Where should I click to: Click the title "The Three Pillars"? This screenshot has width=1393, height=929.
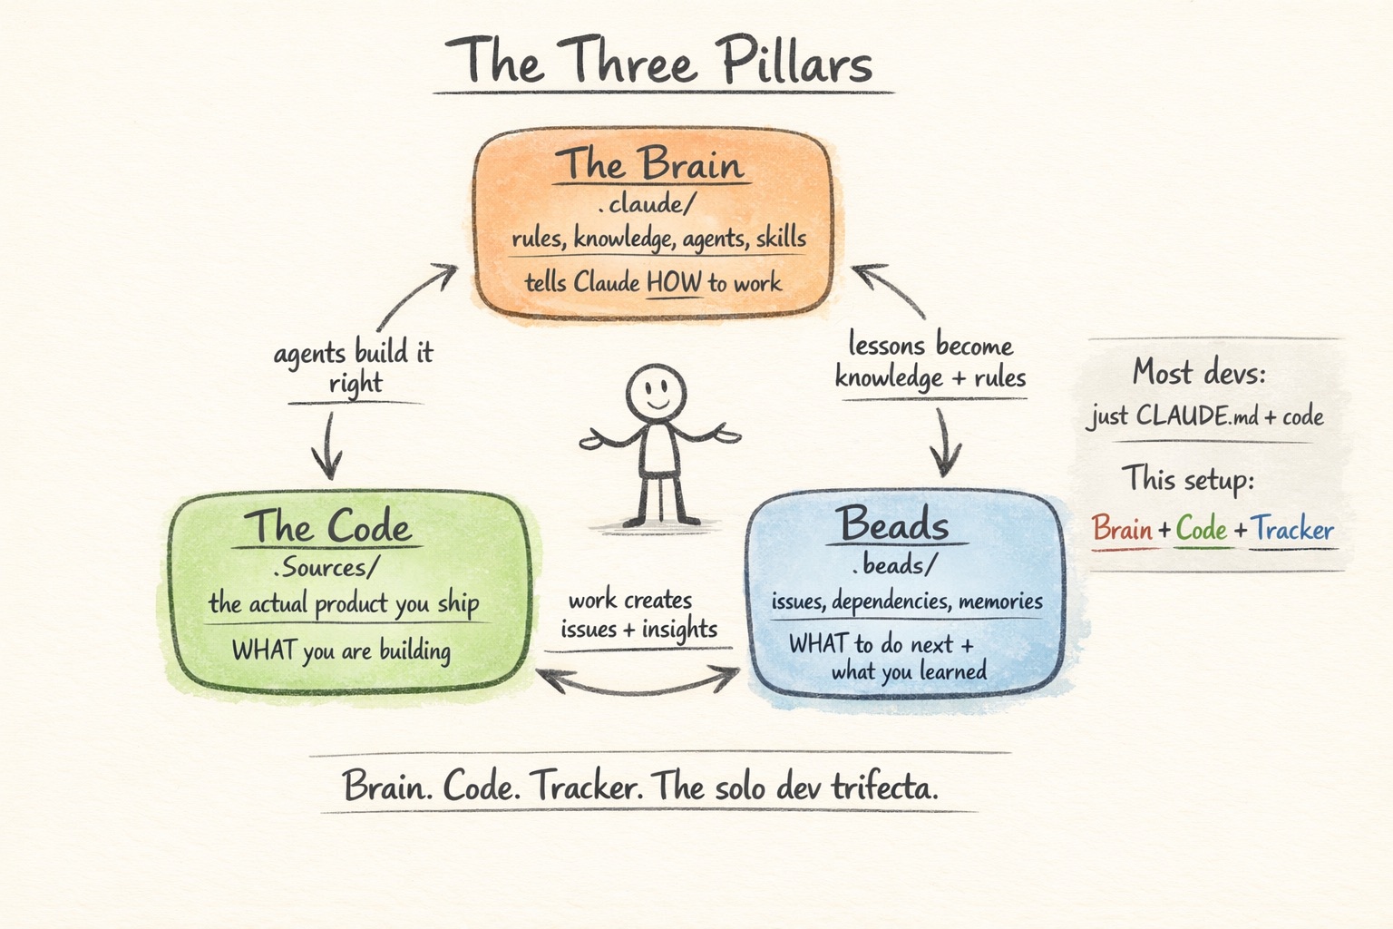point(659,62)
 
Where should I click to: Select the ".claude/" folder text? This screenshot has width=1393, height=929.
point(647,203)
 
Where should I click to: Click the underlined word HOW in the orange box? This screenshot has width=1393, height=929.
point(674,282)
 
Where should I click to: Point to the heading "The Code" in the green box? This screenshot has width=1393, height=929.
point(327,526)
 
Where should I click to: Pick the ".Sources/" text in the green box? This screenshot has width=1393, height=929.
point(326,568)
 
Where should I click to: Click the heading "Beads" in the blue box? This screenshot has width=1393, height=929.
point(893,524)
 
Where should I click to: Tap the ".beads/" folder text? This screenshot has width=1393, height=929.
point(893,565)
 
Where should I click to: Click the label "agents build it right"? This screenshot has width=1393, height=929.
point(355,367)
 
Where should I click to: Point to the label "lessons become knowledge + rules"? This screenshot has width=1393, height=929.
point(930,361)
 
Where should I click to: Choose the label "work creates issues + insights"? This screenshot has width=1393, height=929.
point(638,614)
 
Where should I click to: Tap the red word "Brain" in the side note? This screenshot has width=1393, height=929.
point(1122,528)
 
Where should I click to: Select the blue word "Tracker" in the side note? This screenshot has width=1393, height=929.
point(1292,529)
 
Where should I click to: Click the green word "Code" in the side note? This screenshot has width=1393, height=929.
point(1202,529)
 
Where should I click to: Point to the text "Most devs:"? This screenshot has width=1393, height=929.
point(1198,372)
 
